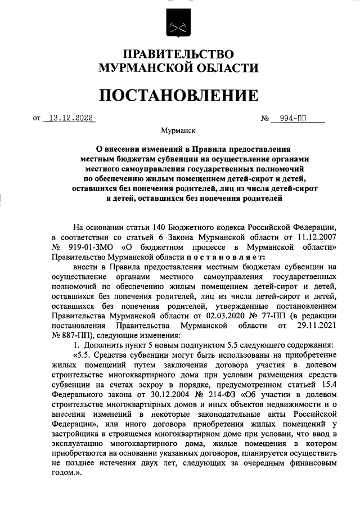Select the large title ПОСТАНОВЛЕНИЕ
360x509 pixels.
click(x=179, y=94)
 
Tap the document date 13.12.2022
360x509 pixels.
click(x=70, y=118)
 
